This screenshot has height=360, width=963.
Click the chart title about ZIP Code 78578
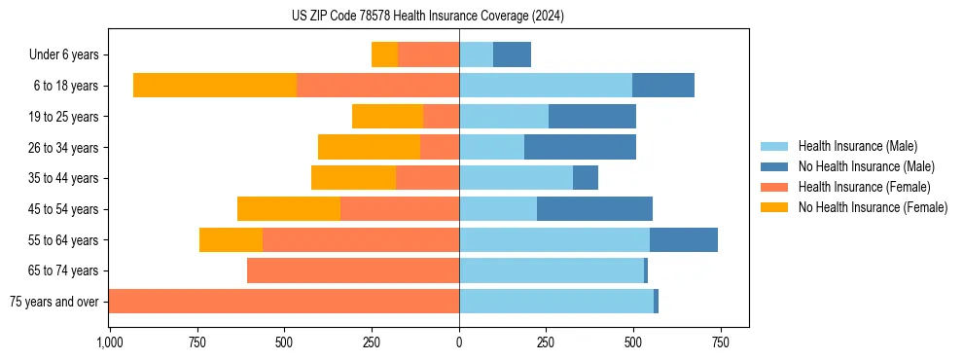(427, 17)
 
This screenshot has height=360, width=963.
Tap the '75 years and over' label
(53, 302)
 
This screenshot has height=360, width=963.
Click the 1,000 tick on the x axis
(109, 342)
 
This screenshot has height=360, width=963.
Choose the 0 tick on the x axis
(459, 342)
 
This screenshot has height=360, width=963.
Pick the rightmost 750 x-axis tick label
(720, 342)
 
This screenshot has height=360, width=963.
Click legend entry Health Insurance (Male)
(857, 146)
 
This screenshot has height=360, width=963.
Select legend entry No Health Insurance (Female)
(873, 207)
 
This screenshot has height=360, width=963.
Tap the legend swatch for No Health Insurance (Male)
(774, 166)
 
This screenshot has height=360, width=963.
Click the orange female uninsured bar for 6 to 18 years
(215, 86)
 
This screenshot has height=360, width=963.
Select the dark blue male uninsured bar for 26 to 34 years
(580, 148)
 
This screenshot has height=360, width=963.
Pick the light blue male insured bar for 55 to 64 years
(554, 240)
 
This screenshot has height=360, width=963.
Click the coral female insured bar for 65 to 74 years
(353, 270)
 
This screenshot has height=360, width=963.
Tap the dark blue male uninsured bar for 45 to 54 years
(594, 209)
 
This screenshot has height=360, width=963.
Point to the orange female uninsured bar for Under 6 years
(384, 55)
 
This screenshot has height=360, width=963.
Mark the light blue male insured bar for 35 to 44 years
(516, 178)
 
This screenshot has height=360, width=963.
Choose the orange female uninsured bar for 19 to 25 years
(387, 117)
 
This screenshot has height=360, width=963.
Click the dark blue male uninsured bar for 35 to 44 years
(586, 178)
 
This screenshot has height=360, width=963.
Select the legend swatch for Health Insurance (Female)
(774, 187)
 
